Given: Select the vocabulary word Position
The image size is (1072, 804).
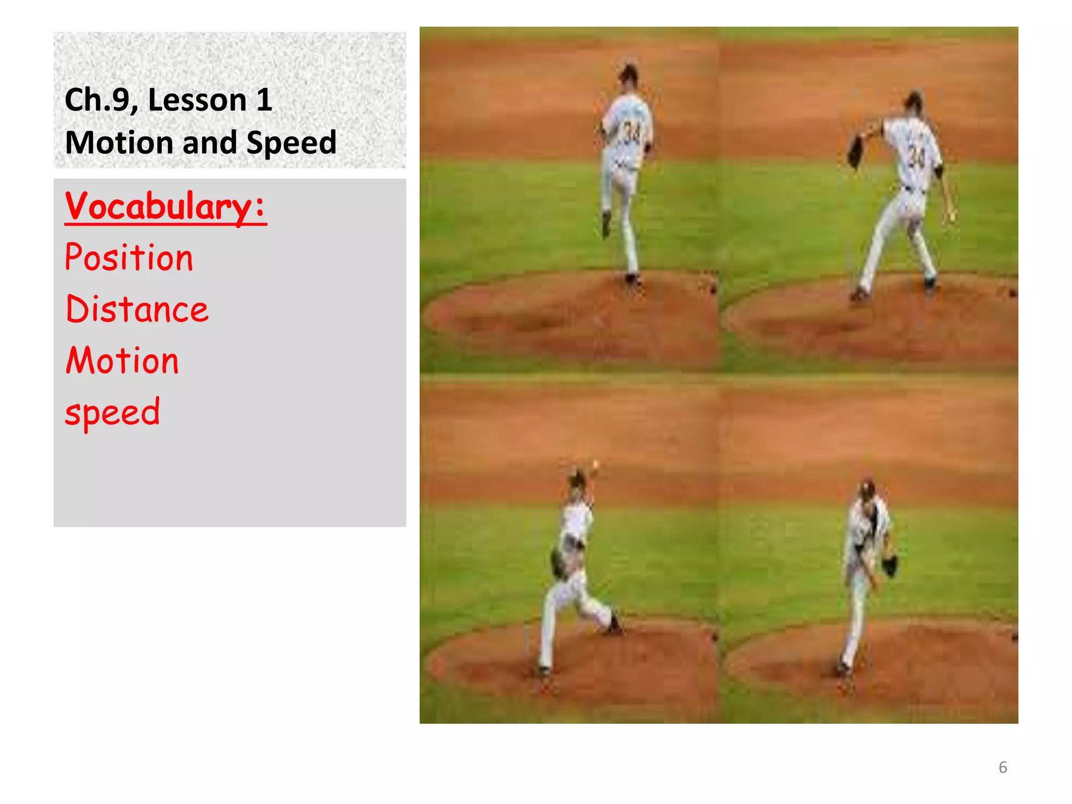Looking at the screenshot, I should point(129,258).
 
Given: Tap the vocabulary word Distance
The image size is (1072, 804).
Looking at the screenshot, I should point(137,309).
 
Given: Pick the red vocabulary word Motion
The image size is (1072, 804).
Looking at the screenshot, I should point(122,361).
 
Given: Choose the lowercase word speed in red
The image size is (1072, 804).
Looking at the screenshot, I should point(112,412).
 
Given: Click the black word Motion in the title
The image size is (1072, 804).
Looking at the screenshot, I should point(119,142).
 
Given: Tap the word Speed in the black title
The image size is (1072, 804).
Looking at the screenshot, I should point(291,142).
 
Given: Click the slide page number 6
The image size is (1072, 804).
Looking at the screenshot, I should point(1002,767).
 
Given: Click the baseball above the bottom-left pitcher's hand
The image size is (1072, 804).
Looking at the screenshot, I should point(595,464).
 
